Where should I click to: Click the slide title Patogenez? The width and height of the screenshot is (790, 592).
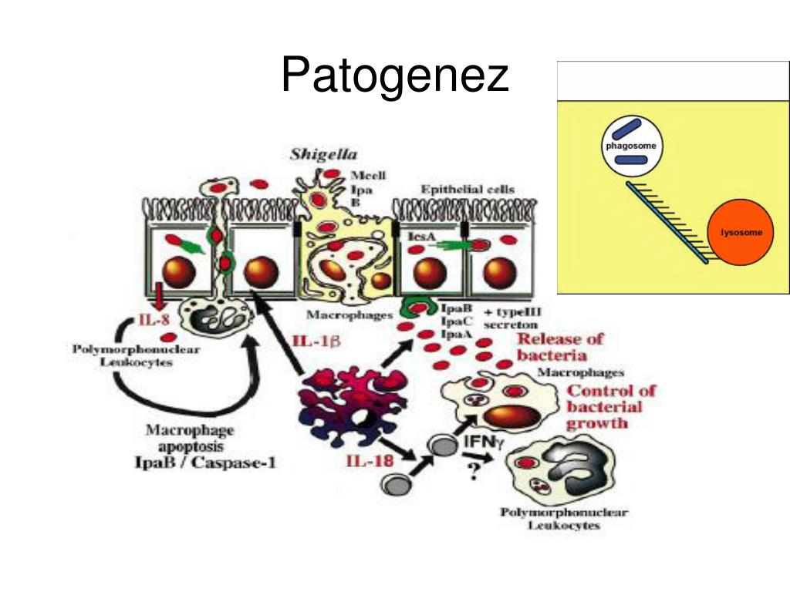[x=394, y=76]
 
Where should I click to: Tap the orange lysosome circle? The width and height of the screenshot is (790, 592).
[x=740, y=231]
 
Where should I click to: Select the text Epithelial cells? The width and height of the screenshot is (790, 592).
[x=467, y=189]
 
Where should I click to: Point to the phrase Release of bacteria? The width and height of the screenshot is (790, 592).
[x=559, y=347]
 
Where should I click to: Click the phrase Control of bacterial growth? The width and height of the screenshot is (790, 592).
[x=610, y=406]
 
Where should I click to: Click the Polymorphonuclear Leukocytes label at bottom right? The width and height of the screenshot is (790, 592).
[x=564, y=519]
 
